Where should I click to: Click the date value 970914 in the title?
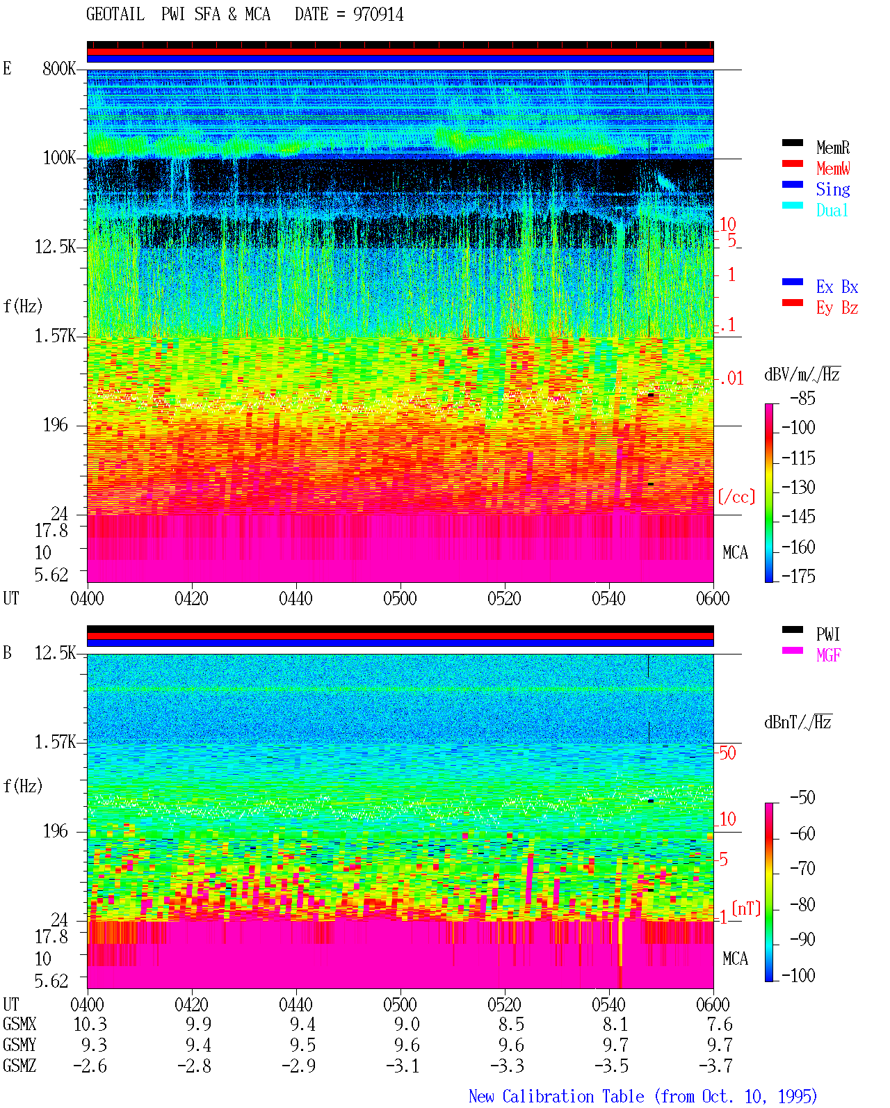coord(378,15)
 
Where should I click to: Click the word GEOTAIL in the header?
coord(115,15)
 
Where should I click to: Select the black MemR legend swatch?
coord(792,143)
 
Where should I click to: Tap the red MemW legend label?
coord(833,168)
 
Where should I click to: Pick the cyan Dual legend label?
coord(832,210)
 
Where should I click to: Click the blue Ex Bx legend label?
coord(837,287)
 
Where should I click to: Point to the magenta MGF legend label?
coord(828,655)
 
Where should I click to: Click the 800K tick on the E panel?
coord(59,68)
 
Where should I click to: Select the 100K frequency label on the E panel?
coord(59,158)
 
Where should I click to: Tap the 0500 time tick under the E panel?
coord(400,599)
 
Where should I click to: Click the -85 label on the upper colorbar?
coord(802,399)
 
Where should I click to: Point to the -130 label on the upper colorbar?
coord(798,487)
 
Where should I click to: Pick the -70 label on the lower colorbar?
coord(802,869)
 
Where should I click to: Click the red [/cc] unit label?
coord(736,497)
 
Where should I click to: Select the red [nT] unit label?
coord(746,908)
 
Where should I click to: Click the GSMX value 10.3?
coord(90,1025)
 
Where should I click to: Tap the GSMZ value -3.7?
coord(715,1066)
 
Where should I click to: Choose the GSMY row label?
coord(19,1045)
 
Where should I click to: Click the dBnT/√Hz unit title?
coord(798,723)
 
